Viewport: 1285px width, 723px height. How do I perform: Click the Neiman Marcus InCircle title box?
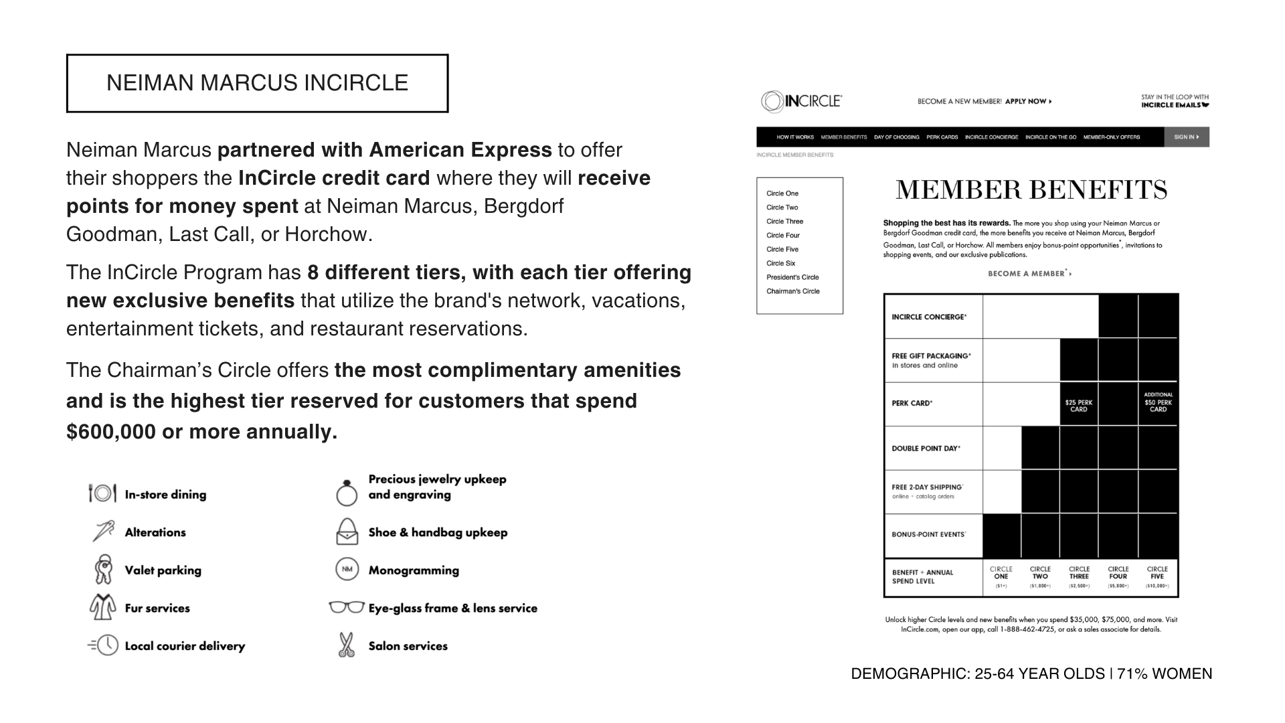(x=257, y=83)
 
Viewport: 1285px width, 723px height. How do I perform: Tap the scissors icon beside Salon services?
(x=346, y=645)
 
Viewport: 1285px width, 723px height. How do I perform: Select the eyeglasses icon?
(x=346, y=607)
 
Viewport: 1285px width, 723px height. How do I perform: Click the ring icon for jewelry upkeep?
(x=347, y=493)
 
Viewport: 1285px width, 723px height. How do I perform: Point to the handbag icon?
(x=347, y=532)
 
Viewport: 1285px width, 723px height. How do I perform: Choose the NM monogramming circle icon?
(x=347, y=570)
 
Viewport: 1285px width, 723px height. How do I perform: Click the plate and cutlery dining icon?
(x=102, y=493)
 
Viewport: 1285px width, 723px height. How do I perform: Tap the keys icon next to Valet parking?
(x=103, y=569)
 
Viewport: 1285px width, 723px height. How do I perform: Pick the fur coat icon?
(x=103, y=607)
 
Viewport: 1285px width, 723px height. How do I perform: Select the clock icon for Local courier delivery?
(x=104, y=645)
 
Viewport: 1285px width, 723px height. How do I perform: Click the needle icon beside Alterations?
(x=103, y=532)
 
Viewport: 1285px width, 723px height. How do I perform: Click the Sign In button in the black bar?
(x=1186, y=137)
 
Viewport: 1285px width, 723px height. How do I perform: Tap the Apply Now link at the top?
(x=1028, y=102)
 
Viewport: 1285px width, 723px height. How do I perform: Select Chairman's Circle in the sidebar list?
(x=792, y=291)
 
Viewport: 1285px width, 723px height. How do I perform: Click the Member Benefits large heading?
(x=1031, y=190)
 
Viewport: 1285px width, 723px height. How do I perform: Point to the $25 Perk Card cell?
(x=1078, y=406)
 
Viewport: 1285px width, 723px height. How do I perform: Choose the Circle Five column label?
(x=1157, y=573)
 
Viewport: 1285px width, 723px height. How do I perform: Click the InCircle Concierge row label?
(x=929, y=317)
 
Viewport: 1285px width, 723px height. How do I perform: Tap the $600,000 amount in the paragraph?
(x=111, y=432)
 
